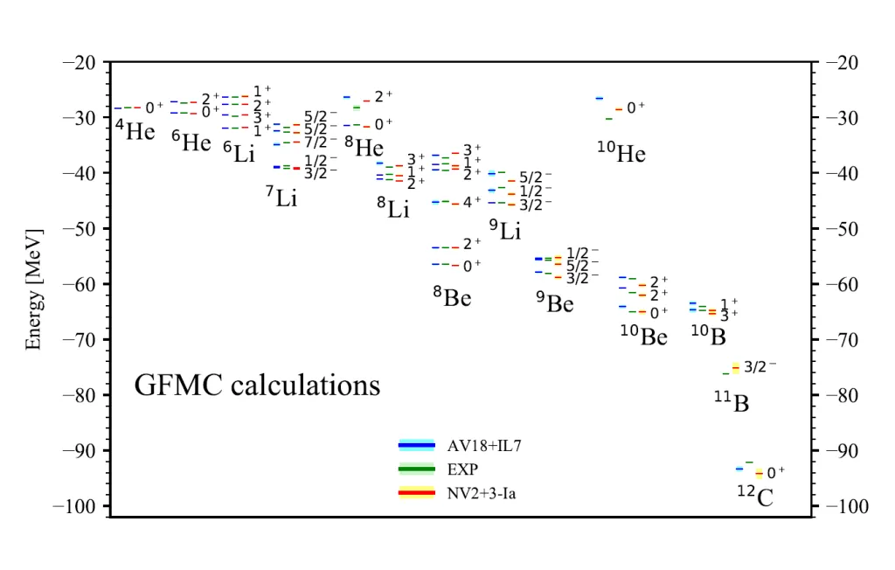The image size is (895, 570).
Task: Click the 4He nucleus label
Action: pos(135,131)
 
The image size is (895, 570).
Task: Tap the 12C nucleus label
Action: pos(754,496)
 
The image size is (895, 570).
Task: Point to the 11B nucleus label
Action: pos(732,402)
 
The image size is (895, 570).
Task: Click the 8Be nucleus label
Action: pos(452,297)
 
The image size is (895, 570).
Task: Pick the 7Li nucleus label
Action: pos(281,198)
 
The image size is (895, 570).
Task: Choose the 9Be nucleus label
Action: pos(555,302)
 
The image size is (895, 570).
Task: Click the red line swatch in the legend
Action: pos(417,494)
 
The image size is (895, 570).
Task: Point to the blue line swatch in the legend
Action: pos(417,445)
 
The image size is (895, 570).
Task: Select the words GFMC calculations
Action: pos(257,385)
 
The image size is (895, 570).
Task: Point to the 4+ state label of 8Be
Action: pos(472,202)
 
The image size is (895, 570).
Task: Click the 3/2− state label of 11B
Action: pos(760,367)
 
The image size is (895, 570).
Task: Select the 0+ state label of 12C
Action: pos(776,473)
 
